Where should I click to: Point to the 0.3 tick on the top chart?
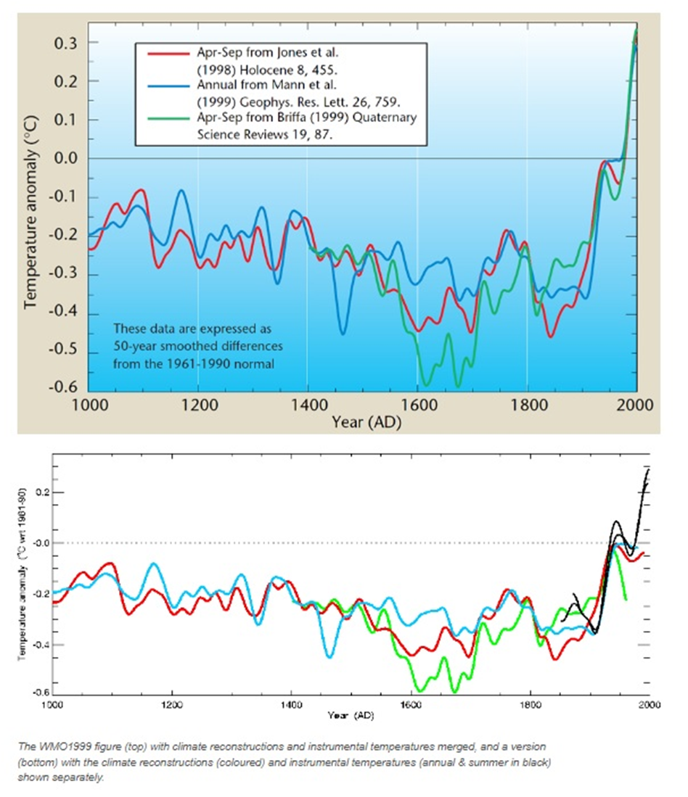click(x=64, y=43)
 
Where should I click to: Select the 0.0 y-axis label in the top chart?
click(x=64, y=158)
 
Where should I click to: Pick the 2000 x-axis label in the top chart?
click(x=636, y=405)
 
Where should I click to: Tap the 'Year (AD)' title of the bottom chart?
click(x=351, y=715)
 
